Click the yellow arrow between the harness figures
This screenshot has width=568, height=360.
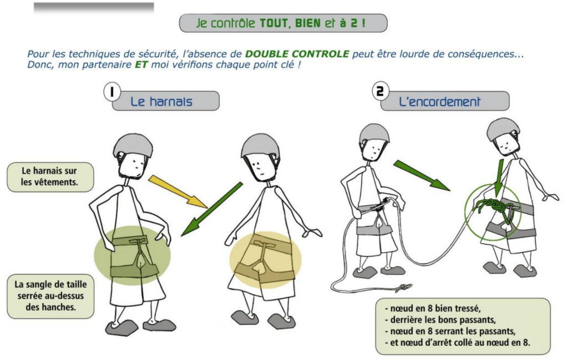[x=178, y=191]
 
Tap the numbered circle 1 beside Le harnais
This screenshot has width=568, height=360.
[x=112, y=92]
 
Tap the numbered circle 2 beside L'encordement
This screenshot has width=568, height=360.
[x=381, y=91]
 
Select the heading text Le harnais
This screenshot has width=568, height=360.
[x=161, y=102]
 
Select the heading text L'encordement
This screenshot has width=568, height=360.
[x=439, y=102]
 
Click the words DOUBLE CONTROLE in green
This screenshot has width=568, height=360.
[x=297, y=54]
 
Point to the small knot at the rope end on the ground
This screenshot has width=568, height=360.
[x=403, y=287]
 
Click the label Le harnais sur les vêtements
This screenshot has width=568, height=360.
[x=50, y=176]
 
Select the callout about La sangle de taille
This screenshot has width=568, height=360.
[x=50, y=296]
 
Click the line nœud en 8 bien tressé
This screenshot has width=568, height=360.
[x=433, y=308]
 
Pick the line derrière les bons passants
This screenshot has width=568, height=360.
[x=440, y=320]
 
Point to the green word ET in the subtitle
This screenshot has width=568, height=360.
[x=141, y=65]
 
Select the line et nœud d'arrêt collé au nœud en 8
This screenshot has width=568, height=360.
[x=457, y=342]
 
